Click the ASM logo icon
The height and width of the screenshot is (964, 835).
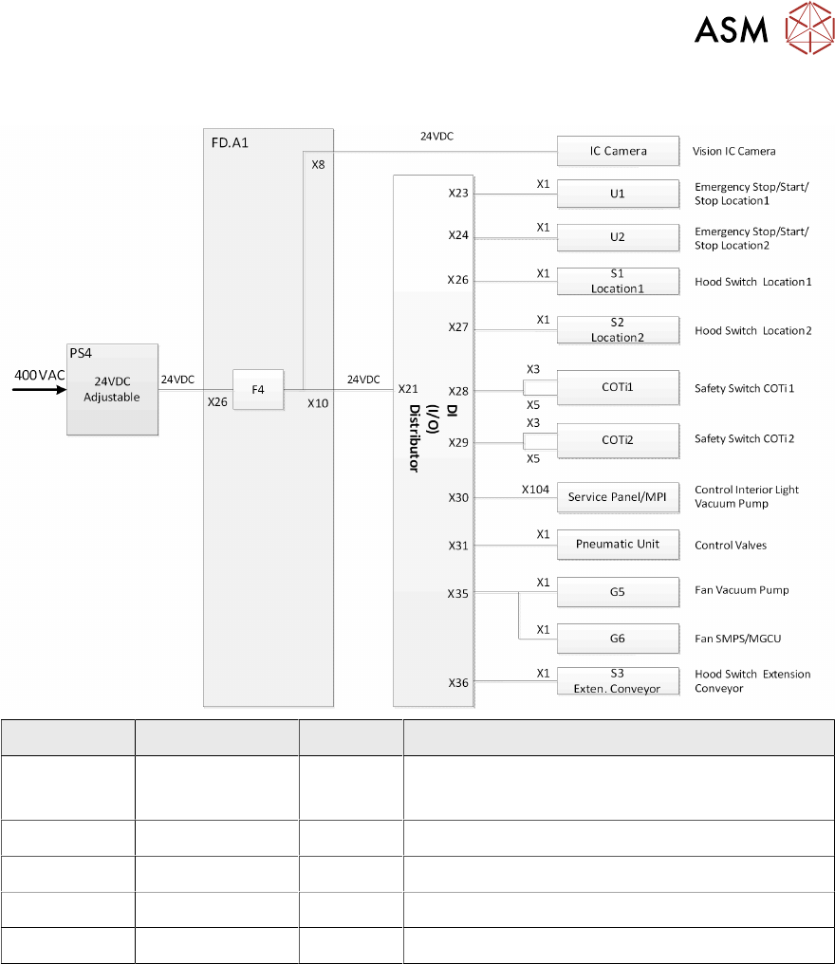[x=809, y=30]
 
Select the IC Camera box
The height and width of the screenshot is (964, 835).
[x=618, y=151]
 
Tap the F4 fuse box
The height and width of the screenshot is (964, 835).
[x=258, y=389]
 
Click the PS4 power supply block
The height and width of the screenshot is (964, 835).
[x=111, y=389]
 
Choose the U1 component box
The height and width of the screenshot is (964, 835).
[x=618, y=194]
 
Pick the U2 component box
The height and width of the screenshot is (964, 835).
[x=618, y=236]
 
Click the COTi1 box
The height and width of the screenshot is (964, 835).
[x=618, y=388]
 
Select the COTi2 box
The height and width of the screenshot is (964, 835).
[x=618, y=440]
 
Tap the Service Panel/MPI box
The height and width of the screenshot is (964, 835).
[x=618, y=496]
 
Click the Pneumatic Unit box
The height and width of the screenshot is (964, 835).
[x=618, y=545]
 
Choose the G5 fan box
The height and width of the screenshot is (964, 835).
[x=618, y=591]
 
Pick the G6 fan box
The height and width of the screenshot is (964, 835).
[x=618, y=639]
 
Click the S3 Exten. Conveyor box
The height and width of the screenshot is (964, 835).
[x=618, y=681]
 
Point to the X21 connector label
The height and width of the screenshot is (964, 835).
[x=408, y=388]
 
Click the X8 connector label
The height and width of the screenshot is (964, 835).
[x=318, y=164]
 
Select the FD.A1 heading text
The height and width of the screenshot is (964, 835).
[x=230, y=142]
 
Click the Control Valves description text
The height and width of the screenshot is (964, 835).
[x=731, y=546]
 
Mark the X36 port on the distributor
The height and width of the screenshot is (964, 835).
[x=459, y=681]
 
